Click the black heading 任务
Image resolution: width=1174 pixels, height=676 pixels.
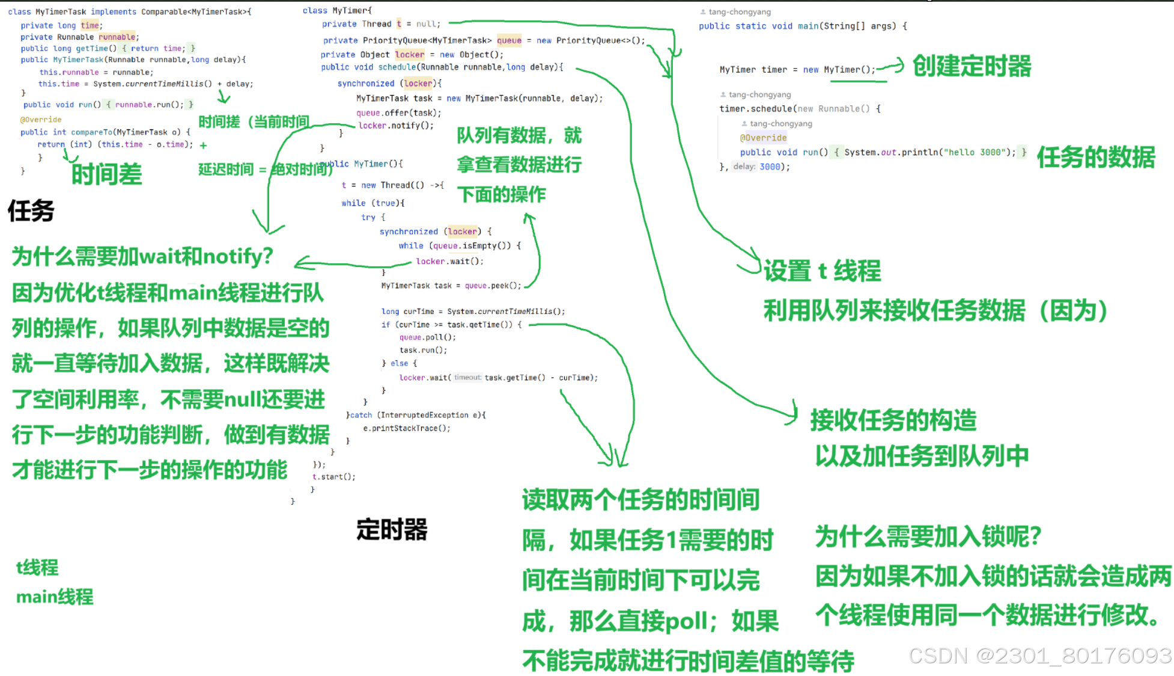point(31,211)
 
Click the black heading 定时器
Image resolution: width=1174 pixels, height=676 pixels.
point(392,529)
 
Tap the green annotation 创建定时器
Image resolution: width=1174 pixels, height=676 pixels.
point(972,66)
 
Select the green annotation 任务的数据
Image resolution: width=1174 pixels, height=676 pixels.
point(1095,158)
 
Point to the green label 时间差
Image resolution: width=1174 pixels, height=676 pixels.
point(106,175)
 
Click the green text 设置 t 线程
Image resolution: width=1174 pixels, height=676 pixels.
point(822,271)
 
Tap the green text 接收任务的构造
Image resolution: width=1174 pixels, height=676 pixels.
point(893,420)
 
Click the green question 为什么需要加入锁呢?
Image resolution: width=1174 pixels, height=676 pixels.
point(928,536)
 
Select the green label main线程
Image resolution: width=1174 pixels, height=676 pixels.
point(55,597)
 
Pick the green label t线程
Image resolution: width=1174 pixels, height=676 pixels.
point(37,567)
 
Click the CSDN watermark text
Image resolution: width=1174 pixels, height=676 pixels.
point(1040,656)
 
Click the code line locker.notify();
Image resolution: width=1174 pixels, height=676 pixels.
point(395,126)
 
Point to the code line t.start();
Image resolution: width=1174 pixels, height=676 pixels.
point(333,477)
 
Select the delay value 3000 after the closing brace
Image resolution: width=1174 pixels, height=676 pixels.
point(771,167)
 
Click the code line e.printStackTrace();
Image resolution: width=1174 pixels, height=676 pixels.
point(406,428)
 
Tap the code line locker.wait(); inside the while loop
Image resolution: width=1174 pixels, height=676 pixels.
point(449,261)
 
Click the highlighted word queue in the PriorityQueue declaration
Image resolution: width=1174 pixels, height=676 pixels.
point(509,40)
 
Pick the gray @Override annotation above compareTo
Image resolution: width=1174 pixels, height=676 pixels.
point(41,120)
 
